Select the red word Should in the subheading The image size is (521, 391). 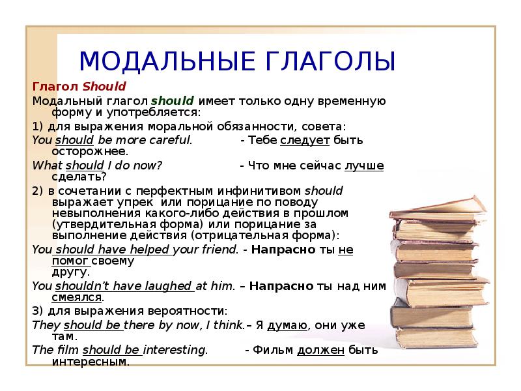click(104, 87)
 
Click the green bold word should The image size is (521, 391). click(173, 101)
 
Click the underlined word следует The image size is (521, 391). click(305, 141)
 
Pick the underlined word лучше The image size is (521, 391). click(364, 166)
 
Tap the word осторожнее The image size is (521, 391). click(90, 152)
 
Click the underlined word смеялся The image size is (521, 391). click(77, 297)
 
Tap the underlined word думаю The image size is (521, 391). click(287, 325)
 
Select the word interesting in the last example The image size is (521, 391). click(175, 350)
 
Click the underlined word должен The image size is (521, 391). click(321, 350)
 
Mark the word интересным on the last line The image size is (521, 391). click(91, 362)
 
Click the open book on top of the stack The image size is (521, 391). click(438, 209)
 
